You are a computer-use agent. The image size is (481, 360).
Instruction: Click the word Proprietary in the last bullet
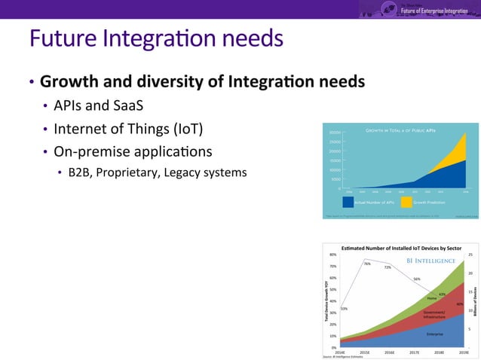click(x=126, y=172)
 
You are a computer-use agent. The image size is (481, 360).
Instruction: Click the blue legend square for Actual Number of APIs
click(x=348, y=202)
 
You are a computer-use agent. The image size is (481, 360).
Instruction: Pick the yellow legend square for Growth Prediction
click(x=405, y=202)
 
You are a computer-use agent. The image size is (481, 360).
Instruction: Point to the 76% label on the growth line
click(x=366, y=264)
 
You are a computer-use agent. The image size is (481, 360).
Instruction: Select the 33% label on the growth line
click(x=344, y=309)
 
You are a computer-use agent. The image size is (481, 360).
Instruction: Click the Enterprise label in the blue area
click(x=434, y=334)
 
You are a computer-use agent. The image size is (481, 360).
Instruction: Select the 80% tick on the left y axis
click(x=332, y=255)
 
